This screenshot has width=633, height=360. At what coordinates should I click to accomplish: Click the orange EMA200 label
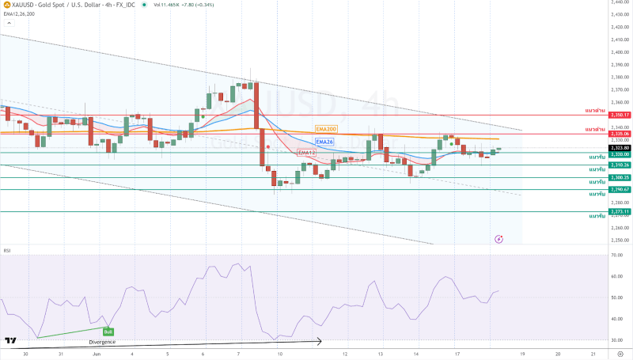(326, 128)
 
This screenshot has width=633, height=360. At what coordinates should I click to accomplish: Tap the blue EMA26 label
(323, 141)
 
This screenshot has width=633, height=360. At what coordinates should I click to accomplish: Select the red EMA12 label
(305, 152)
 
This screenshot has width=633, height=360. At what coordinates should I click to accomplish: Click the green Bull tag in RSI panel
(108, 331)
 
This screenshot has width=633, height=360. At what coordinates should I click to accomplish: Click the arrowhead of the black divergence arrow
(320, 342)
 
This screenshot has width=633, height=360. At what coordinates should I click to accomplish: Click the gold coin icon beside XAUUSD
(8, 5)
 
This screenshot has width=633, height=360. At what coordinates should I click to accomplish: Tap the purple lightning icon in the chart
(498, 238)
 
